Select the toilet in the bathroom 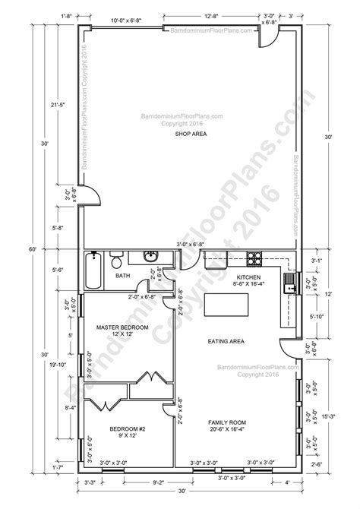116,262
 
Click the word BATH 122,277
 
